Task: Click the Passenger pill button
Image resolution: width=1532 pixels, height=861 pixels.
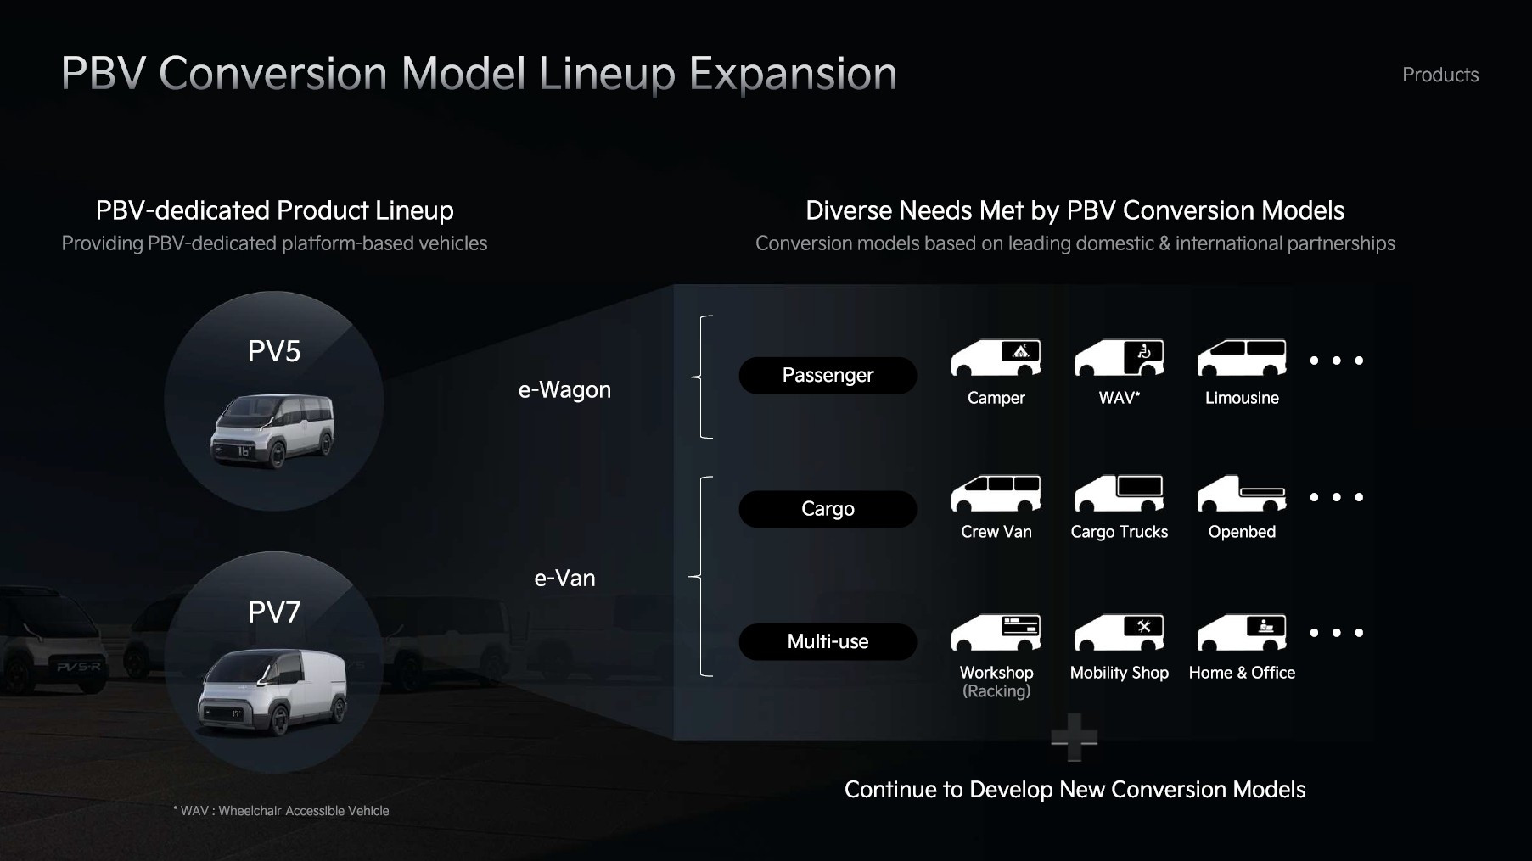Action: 828,375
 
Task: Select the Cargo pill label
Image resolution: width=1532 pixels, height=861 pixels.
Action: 828,509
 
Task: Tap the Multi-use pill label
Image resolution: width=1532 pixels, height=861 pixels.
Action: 828,641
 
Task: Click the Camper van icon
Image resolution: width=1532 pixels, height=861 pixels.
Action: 996,358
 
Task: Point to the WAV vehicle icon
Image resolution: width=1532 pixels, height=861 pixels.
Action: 1119,358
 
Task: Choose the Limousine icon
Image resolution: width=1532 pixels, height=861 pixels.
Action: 1241,358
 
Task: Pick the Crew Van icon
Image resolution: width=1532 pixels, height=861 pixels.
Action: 996,493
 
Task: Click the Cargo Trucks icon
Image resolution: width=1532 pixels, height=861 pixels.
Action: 1119,493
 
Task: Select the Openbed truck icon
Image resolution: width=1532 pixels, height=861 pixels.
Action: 1241,494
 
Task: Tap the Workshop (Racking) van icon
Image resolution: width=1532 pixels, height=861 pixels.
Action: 996,632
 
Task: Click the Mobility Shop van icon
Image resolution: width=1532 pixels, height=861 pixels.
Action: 1119,632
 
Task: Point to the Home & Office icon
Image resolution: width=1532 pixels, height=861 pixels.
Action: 1241,632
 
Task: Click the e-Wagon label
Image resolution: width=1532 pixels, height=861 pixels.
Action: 564,390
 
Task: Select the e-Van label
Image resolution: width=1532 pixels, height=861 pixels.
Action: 564,579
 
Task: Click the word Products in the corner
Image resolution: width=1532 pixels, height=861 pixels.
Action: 1439,75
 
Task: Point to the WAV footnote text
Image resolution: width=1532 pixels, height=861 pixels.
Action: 281,811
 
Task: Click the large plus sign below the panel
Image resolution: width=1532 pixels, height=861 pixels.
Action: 1074,737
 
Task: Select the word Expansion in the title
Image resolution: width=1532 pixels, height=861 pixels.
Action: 793,74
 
